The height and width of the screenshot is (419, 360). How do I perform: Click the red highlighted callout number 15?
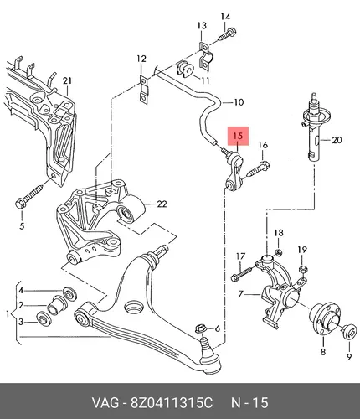[238, 137]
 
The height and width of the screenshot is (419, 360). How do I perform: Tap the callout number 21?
[67, 81]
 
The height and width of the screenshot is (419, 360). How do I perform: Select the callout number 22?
[162, 204]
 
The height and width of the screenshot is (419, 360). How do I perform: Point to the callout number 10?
[239, 102]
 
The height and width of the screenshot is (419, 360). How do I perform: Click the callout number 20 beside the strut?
[337, 140]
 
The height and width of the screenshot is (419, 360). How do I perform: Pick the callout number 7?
[240, 294]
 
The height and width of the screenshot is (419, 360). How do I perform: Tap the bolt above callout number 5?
[30, 195]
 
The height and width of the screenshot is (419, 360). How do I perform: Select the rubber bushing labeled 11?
[185, 69]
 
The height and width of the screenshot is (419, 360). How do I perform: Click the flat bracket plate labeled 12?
[143, 90]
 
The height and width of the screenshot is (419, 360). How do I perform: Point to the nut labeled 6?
[199, 328]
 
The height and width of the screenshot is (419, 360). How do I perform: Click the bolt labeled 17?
[242, 273]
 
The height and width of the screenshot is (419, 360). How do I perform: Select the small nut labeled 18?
[278, 252]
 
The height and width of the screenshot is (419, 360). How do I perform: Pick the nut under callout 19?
[303, 269]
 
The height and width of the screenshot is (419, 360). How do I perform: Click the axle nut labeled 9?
[350, 332]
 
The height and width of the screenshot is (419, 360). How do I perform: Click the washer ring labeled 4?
[69, 293]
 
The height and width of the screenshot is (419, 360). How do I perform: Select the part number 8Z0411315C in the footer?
[172, 403]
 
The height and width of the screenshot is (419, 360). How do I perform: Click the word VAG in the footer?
[105, 403]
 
